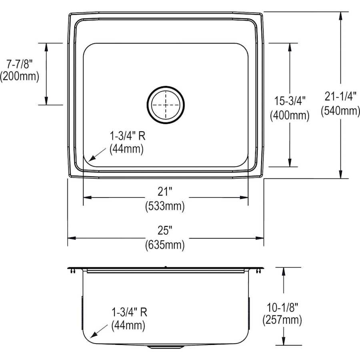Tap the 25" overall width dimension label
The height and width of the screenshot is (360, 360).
[165, 231]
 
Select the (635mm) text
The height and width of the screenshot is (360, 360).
[165, 245]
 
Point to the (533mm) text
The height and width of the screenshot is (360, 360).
[165, 206]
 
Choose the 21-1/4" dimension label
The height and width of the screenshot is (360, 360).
[340, 96]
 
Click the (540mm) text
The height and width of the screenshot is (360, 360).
[340, 111]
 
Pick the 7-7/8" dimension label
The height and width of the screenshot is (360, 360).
[19, 63]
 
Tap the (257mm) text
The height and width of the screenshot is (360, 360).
[282, 320]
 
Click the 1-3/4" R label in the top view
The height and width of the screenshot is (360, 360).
[127, 136]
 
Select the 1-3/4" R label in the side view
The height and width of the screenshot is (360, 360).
[127, 312]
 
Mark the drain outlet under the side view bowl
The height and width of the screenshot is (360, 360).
[165, 347]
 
